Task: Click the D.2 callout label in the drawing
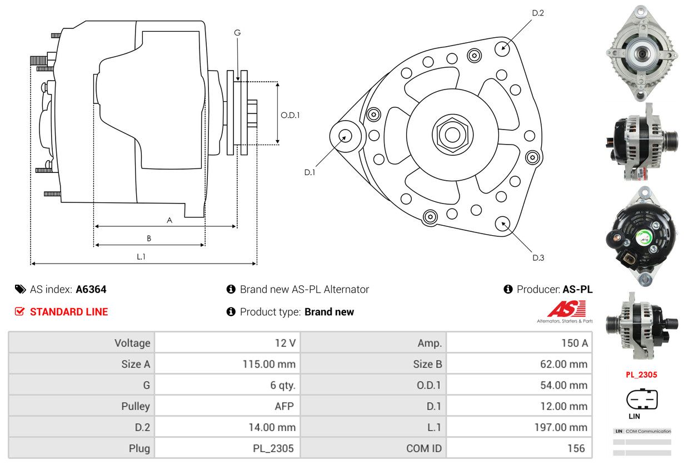(x=537, y=13)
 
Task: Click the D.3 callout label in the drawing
(x=538, y=257)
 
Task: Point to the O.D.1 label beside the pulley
(x=290, y=115)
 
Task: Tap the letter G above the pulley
(x=237, y=33)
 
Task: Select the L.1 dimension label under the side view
(x=141, y=256)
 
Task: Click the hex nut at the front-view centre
(x=452, y=134)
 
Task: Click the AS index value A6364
(x=91, y=289)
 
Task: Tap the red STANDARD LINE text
(x=69, y=312)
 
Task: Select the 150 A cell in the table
(x=574, y=343)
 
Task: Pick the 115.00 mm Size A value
(x=269, y=364)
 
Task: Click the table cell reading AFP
(x=283, y=406)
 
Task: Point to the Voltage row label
(x=132, y=343)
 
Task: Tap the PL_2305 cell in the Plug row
(x=273, y=448)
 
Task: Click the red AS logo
(x=566, y=309)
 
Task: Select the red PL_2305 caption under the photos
(x=641, y=374)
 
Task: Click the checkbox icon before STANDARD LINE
(x=19, y=312)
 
